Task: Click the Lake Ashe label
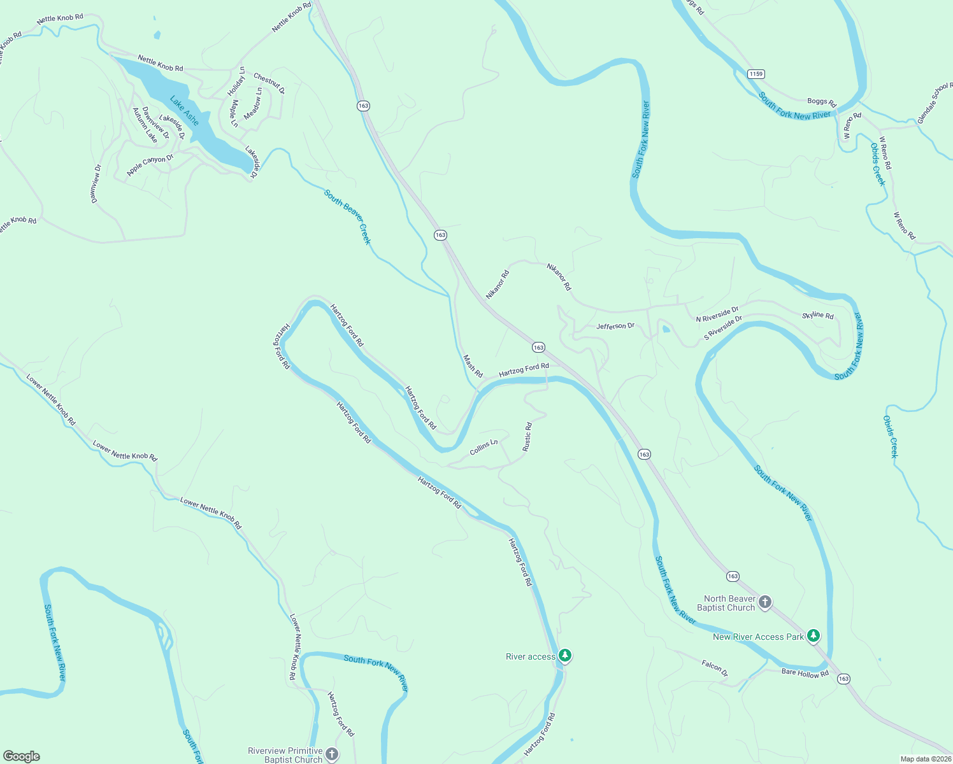pyautogui.click(x=184, y=111)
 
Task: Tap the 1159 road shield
pyautogui.click(x=756, y=74)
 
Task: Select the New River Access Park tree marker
pyautogui.click(x=813, y=635)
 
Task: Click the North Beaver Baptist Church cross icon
pyautogui.click(x=765, y=602)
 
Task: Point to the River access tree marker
pyautogui.click(x=564, y=655)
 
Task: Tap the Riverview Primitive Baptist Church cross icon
pyautogui.click(x=331, y=754)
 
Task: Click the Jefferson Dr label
pyautogui.click(x=615, y=326)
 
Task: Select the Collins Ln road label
pyautogui.click(x=484, y=447)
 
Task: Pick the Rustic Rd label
pyautogui.click(x=527, y=437)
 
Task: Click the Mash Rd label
pyautogui.click(x=473, y=366)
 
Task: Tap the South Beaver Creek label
pyautogui.click(x=347, y=216)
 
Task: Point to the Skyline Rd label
pyautogui.click(x=817, y=315)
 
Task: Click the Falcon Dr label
pyautogui.click(x=714, y=668)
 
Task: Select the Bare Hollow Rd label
pyautogui.click(x=805, y=673)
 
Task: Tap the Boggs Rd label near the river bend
pyautogui.click(x=821, y=102)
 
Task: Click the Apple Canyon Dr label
pyautogui.click(x=150, y=165)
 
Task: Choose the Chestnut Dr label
pyautogui.click(x=269, y=83)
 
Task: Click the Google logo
pyautogui.click(x=22, y=756)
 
